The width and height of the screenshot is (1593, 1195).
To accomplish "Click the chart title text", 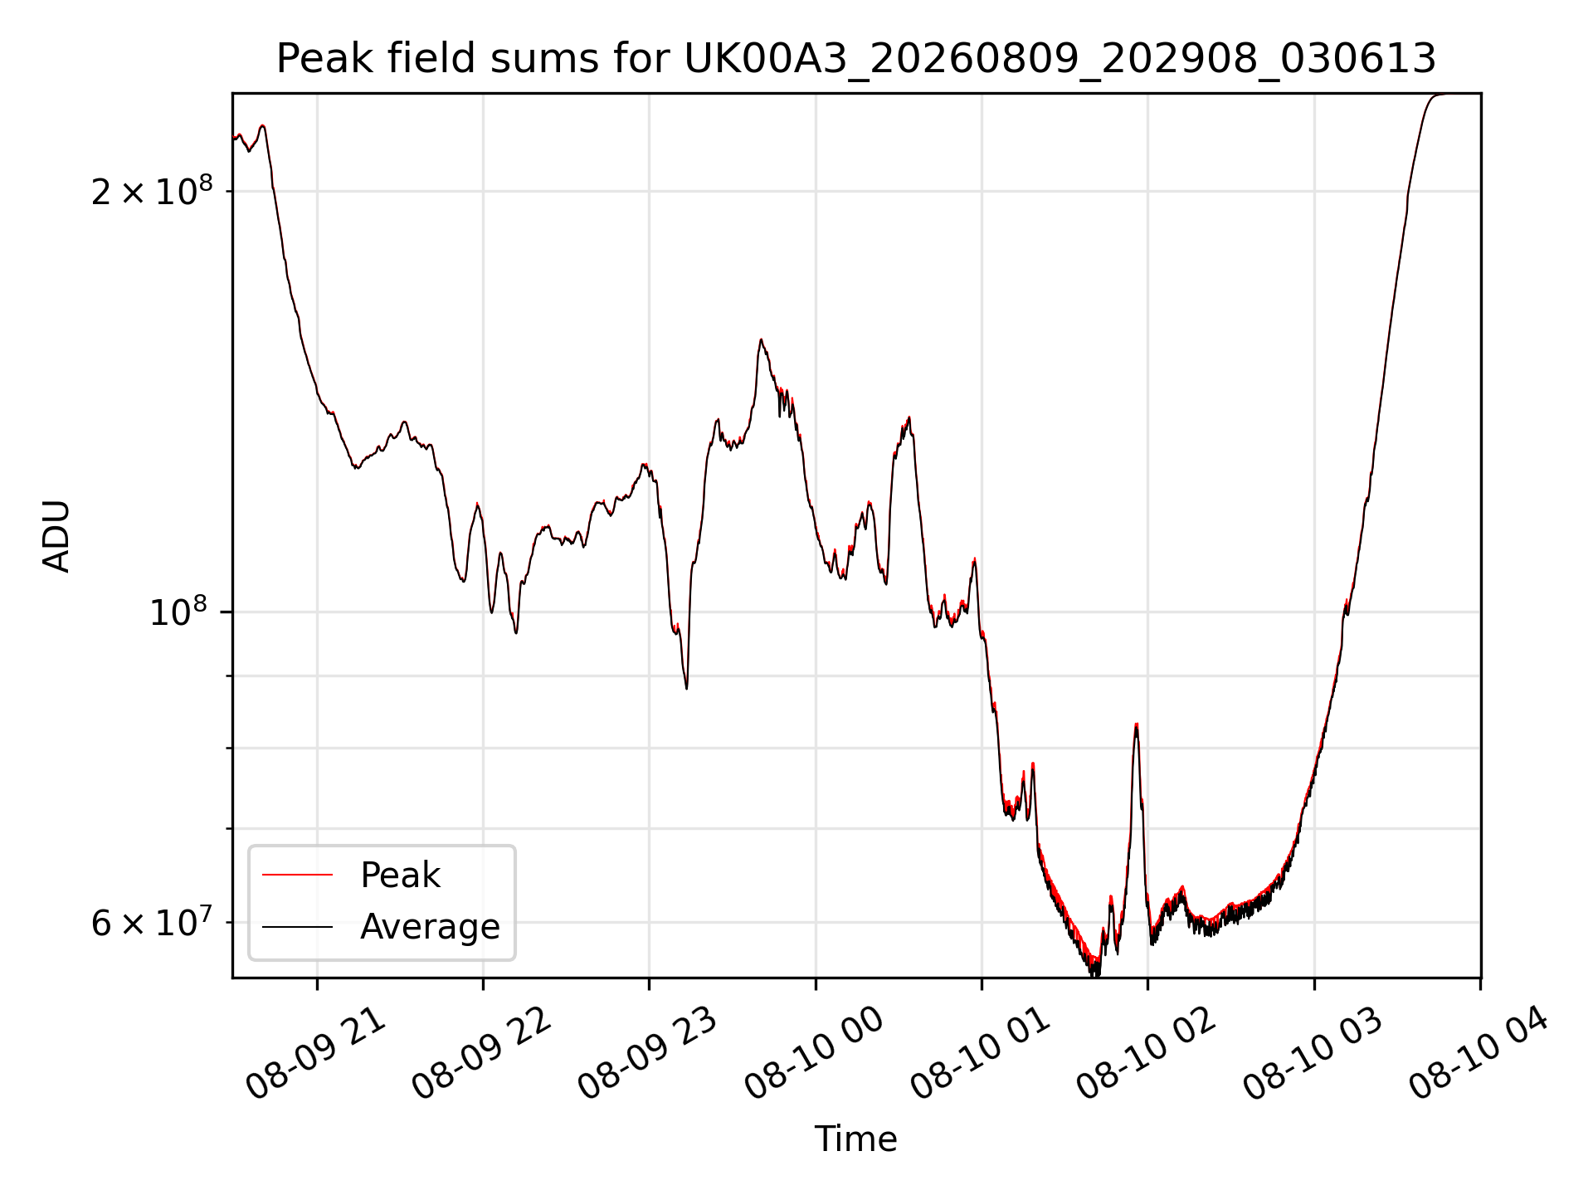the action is pyautogui.click(x=855, y=59).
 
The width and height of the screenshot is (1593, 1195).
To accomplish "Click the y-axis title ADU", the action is pyautogui.click(x=56, y=536).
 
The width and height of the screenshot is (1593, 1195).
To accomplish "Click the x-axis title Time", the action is pyautogui.click(x=855, y=1139).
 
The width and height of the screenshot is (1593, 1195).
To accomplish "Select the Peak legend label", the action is pyautogui.click(x=400, y=876).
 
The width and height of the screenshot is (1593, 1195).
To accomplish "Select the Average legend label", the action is pyautogui.click(x=430, y=927).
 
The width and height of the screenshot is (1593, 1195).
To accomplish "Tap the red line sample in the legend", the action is pyautogui.click(x=297, y=875).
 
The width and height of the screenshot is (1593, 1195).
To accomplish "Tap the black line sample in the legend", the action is pyautogui.click(x=297, y=926).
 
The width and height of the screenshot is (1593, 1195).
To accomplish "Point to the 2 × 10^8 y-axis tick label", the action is pyautogui.click(x=152, y=191).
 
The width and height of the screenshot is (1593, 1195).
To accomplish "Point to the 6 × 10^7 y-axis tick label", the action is pyautogui.click(x=152, y=922).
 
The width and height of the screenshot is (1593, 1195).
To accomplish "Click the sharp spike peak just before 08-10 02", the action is pyautogui.click(x=1136, y=724).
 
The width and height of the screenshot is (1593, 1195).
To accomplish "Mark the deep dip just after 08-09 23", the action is pyautogui.click(x=686, y=688).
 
